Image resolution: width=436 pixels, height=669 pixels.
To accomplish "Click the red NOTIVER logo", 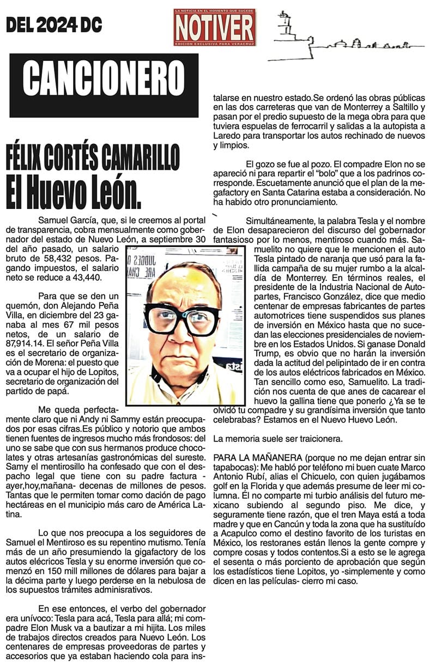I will [215, 27].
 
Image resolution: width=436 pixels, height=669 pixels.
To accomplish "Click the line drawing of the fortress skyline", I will [332, 38].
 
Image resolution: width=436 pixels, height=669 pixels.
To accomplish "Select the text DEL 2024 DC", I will [54, 25].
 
